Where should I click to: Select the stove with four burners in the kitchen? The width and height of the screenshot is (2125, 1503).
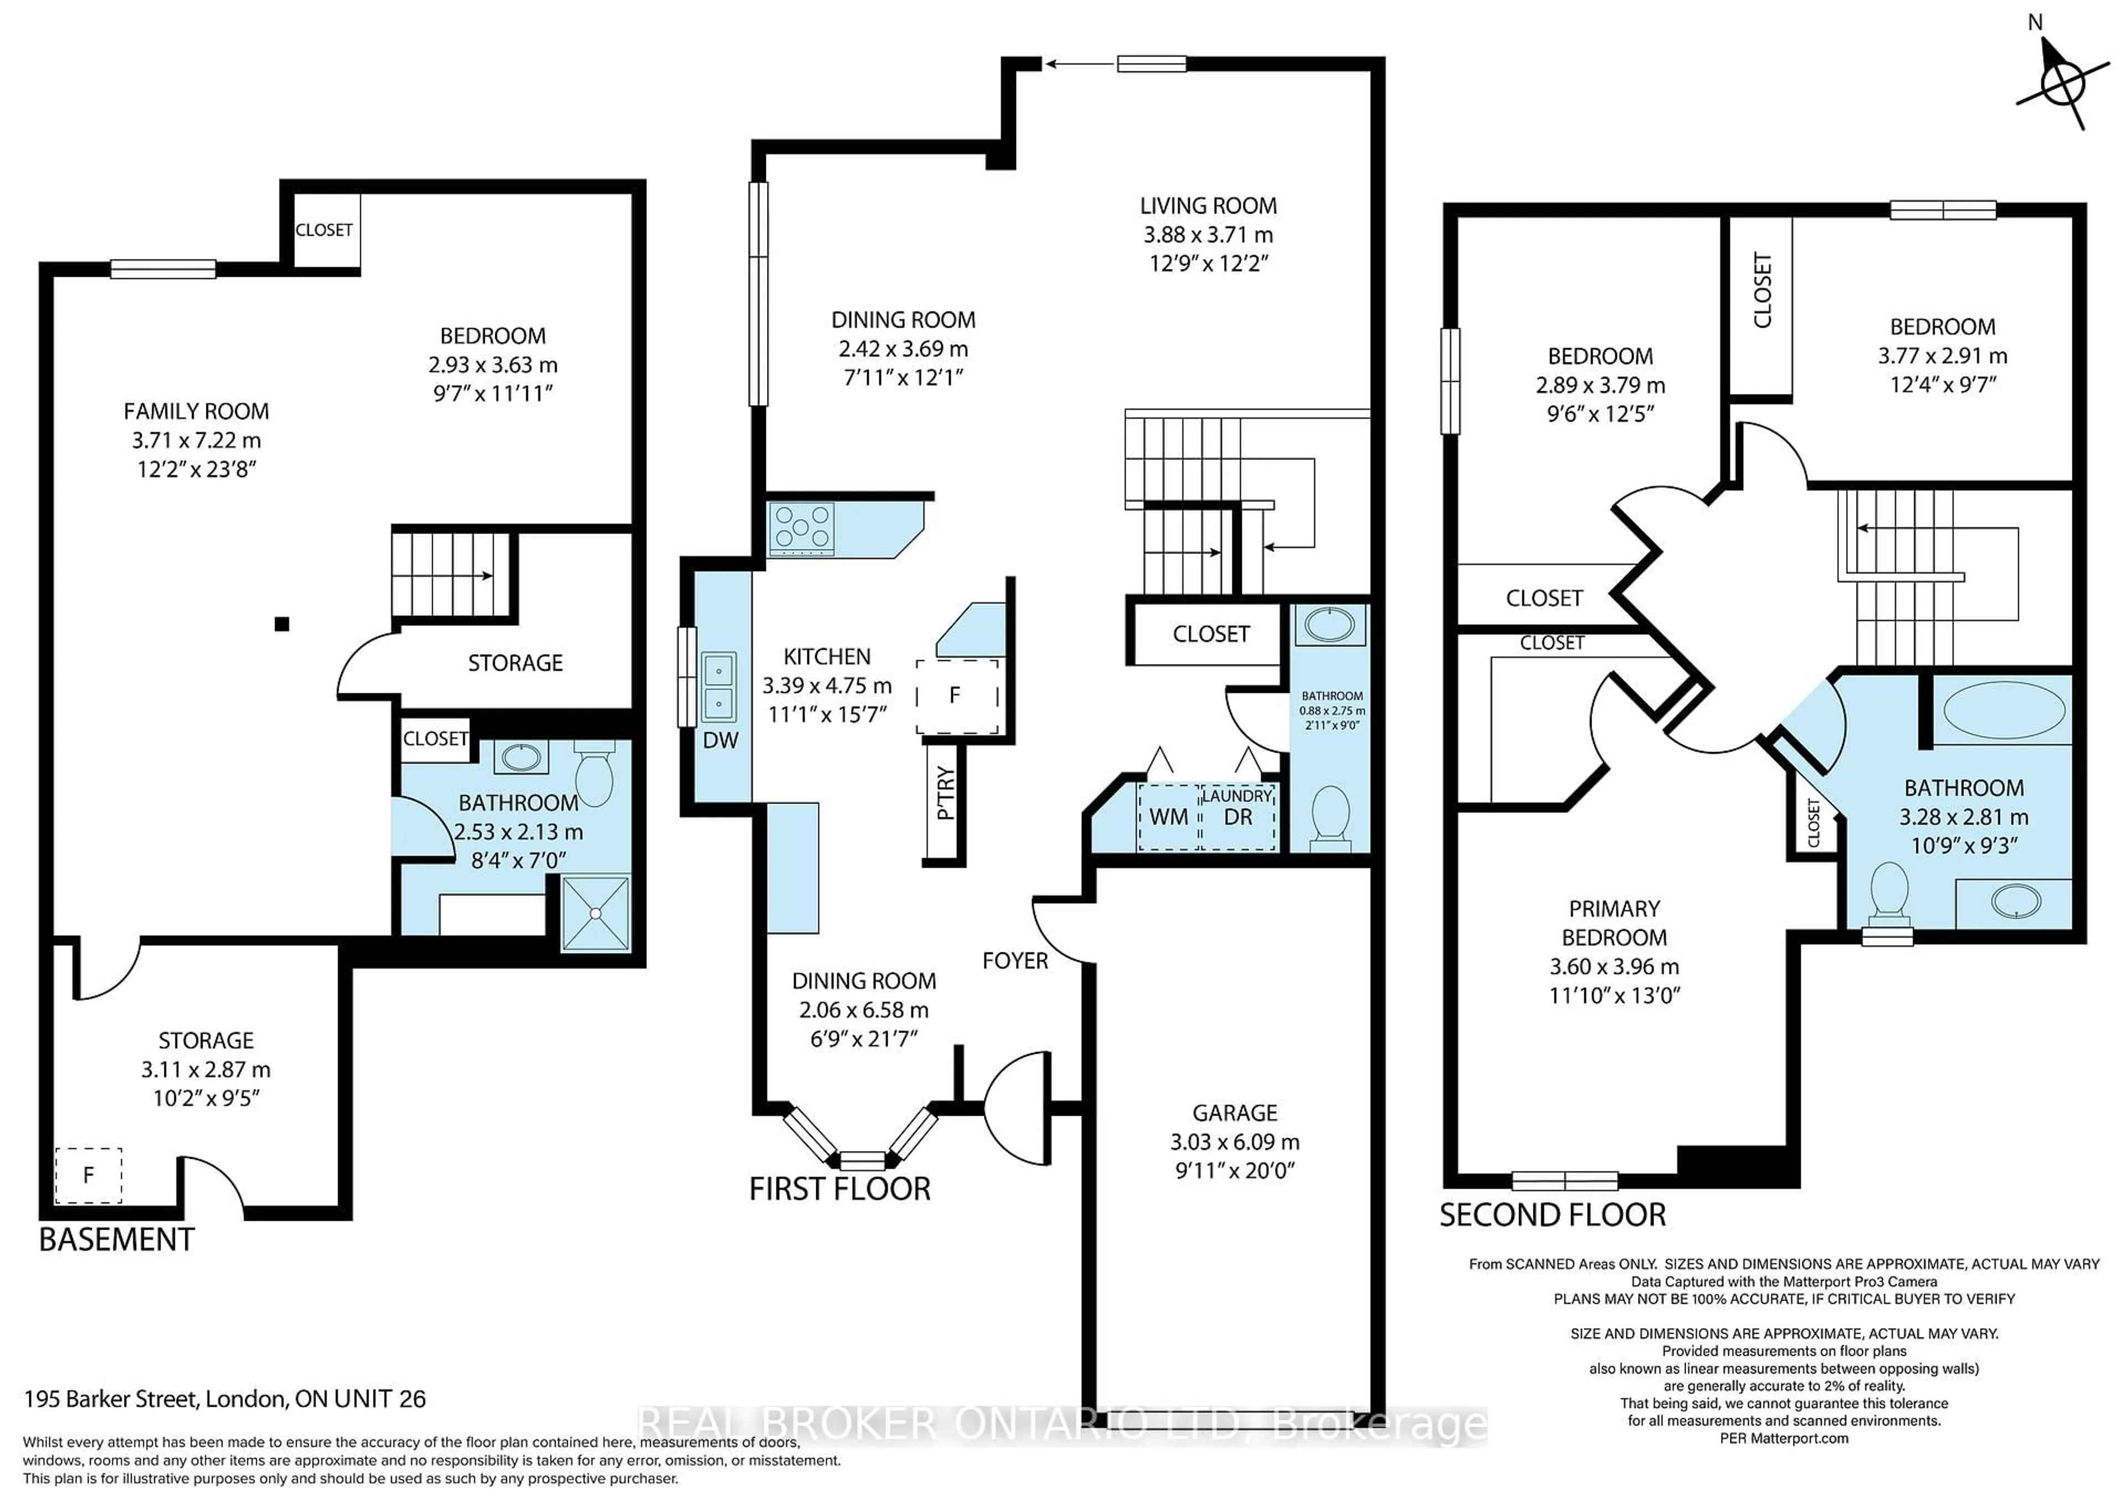pyautogui.click(x=801, y=530)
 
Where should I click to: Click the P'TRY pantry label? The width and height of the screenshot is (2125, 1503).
pyautogui.click(x=945, y=793)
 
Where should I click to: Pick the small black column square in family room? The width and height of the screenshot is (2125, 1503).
pyautogui.click(x=282, y=624)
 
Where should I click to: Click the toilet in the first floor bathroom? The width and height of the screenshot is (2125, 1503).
pyautogui.click(x=1330, y=815)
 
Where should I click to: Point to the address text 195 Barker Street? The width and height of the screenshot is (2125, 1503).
pyautogui.click(x=224, y=1398)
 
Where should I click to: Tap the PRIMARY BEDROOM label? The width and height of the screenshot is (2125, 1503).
pyautogui.click(x=1614, y=922)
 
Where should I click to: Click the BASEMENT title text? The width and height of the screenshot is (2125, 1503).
pyautogui.click(x=117, y=1239)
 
